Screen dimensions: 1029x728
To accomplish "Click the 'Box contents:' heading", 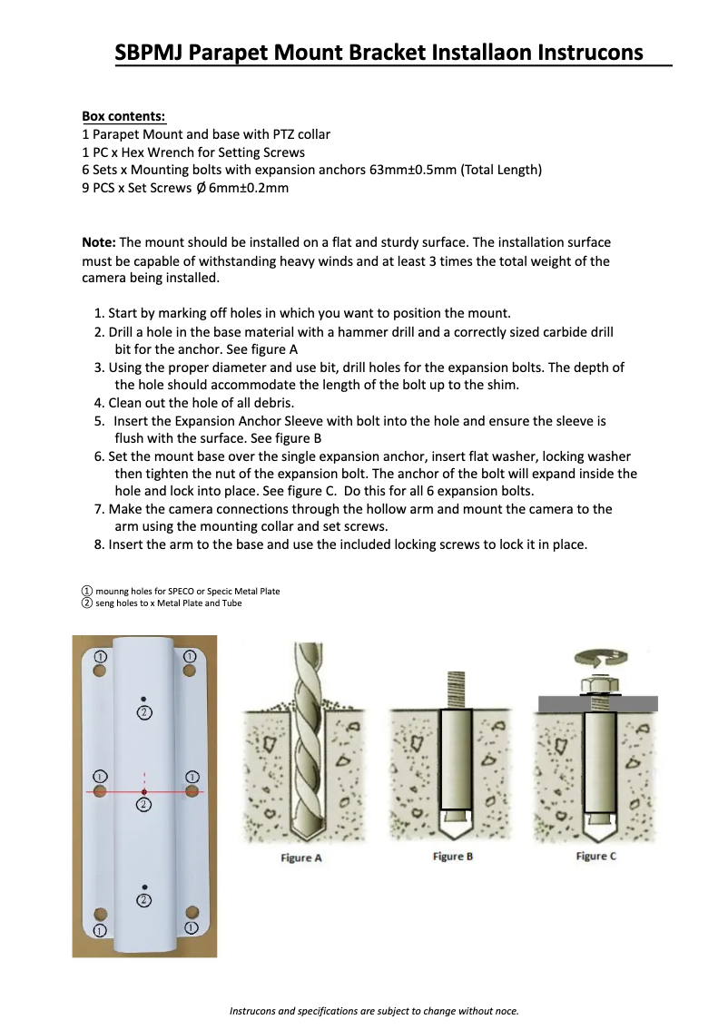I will tap(124, 117).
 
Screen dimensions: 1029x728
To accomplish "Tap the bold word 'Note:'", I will tap(99, 243).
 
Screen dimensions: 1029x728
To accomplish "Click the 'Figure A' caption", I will tap(301, 858).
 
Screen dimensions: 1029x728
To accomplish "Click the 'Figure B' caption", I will tap(453, 857).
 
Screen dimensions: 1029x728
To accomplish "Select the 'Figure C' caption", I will tap(596, 857).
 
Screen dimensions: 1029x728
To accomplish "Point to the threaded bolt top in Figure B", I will tap(452, 690).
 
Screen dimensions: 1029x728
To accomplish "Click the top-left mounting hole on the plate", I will tap(101, 671).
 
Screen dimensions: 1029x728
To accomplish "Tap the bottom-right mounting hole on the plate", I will tap(192, 912).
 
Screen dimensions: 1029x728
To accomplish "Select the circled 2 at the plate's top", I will tap(144, 712).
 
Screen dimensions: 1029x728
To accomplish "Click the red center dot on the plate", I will tap(144, 792).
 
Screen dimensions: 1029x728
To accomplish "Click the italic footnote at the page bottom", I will tap(373, 1011).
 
